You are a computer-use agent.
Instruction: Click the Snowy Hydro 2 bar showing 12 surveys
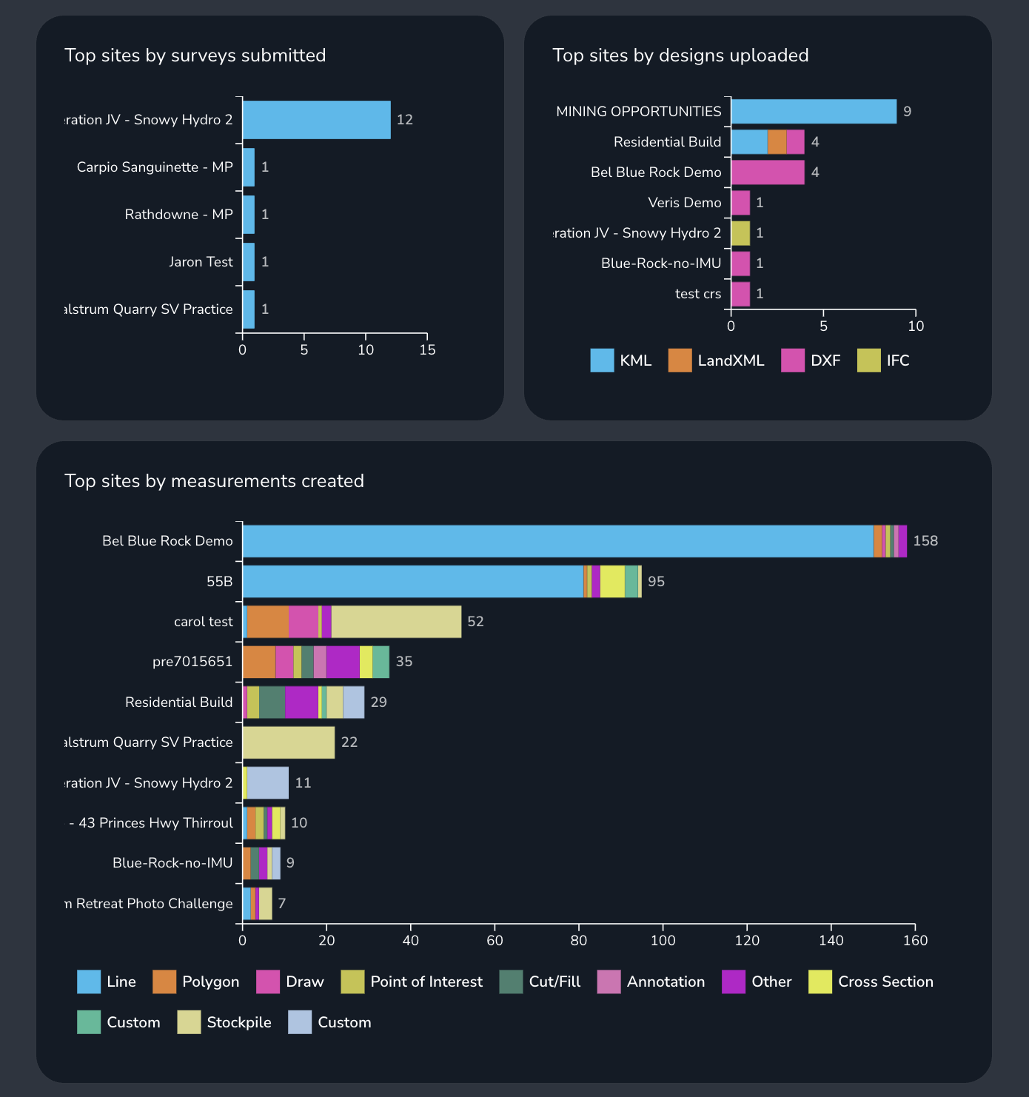coord(316,120)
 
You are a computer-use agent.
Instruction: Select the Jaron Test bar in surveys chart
coord(249,262)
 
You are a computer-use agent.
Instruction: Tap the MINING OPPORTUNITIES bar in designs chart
coord(813,112)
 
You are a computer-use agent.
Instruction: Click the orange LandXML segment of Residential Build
coord(777,142)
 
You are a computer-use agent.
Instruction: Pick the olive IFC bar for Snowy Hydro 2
coord(740,233)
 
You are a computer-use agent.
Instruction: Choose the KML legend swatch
coord(602,360)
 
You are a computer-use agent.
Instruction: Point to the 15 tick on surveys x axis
coord(427,349)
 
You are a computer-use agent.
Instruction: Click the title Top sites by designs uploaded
coord(680,56)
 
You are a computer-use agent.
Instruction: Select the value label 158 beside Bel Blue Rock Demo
coord(925,541)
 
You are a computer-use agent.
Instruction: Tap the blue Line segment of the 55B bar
coord(412,582)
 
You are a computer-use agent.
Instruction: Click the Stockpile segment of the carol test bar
coord(396,622)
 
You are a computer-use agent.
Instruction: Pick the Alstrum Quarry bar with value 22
coord(289,742)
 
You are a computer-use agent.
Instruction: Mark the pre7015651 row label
coord(192,662)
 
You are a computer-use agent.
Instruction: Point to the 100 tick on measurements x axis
coord(663,940)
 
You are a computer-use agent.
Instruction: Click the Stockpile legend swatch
coord(189,1022)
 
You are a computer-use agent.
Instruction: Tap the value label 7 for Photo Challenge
coord(281,904)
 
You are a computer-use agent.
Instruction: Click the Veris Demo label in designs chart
coord(684,203)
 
